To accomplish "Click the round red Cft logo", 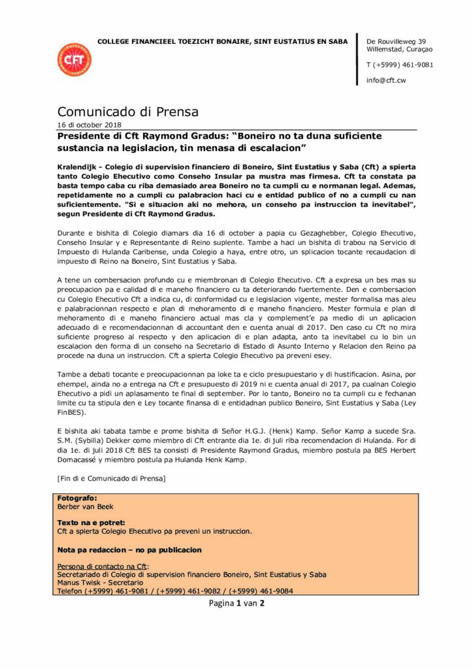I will coord(74,60).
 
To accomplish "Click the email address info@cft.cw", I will coord(386,80).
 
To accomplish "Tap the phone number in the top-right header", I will coord(400,65).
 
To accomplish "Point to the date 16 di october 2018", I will coord(89,125).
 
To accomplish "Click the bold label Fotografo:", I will coord(77,498).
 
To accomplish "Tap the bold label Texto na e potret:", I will coord(91,523).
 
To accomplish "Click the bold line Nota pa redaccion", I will coord(129,550).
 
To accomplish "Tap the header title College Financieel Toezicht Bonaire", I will coord(222,42).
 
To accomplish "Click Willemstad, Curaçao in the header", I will coord(400,49).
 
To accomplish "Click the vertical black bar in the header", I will coord(357,59).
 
